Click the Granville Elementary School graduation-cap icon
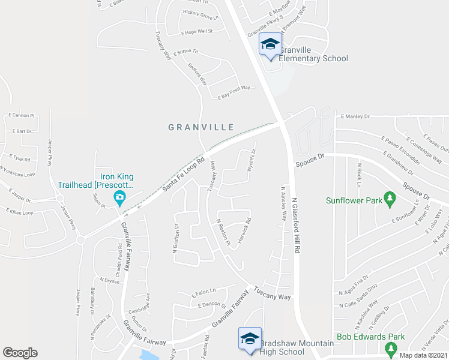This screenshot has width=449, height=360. (270, 44)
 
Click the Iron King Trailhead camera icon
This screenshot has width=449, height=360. (120, 197)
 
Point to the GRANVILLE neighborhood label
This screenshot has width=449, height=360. (200, 127)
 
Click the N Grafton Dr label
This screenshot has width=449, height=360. (176, 238)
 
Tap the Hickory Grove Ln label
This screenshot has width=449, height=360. (199, 13)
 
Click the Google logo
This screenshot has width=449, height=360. (20, 353)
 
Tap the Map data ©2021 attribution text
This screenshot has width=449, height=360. (424, 355)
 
